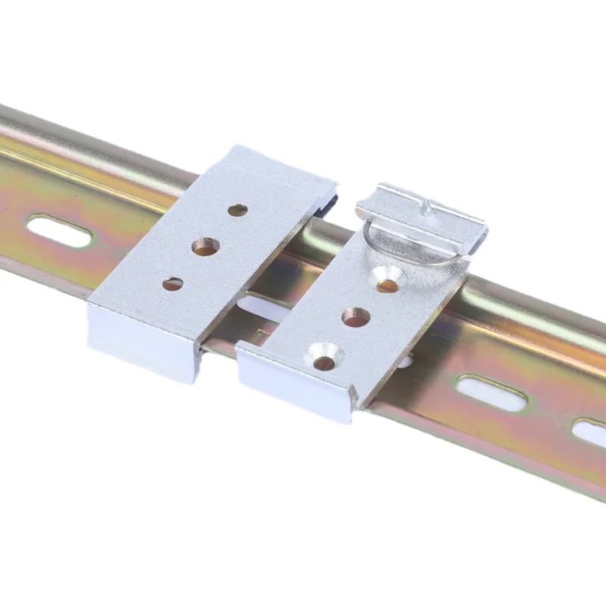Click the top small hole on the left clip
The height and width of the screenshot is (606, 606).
[237, 210]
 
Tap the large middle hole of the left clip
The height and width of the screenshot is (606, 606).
[205, 246]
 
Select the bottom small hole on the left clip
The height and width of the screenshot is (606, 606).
[173, 284]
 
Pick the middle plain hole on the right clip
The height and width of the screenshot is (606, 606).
[355, 317]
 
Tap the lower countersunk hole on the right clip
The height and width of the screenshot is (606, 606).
[324, 361]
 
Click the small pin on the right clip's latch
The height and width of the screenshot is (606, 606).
[429, 206]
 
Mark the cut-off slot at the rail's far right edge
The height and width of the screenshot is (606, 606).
[590, 432]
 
